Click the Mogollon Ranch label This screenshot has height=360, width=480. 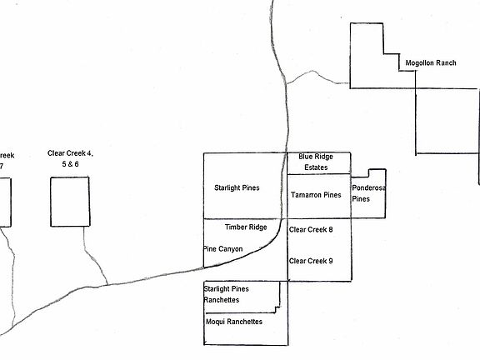[431, 63]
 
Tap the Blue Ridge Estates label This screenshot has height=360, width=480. [316, 162]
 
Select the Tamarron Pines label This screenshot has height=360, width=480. [316, 195]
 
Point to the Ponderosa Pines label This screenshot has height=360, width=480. [368, 193]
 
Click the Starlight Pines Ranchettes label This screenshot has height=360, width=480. [226, 294]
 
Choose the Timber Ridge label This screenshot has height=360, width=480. [246, 227]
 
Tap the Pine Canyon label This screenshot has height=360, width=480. [223, 249]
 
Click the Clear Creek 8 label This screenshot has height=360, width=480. [311, 230]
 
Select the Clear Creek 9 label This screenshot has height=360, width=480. [311, 261]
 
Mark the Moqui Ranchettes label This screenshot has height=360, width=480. [234, 322]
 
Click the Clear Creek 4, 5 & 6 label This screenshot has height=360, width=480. [70, 158]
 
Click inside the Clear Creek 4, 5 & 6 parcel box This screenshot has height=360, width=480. [70, 202]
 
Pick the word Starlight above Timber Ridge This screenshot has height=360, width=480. [227, 188]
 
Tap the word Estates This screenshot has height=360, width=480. [316, 167]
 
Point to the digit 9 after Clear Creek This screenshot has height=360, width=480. [330, 261]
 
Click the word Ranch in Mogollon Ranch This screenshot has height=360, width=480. [446, 63]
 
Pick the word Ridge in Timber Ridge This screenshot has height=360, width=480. [258, 227]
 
